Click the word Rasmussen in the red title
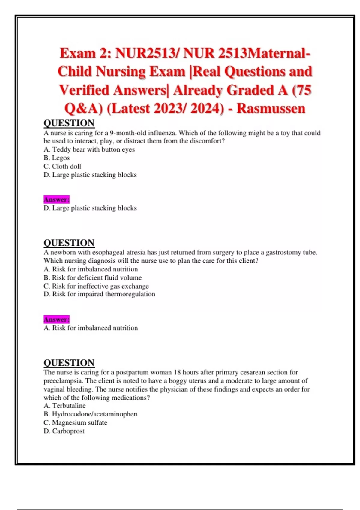(271, 108)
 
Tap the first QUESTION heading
(69, 123)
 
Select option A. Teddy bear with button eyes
(89, 149)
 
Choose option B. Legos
(57, 158)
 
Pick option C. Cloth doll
(62, 166)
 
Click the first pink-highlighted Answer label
(56, 199)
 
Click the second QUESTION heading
(69, 243)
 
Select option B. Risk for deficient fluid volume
(93, 278)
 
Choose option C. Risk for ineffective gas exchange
(96, 286)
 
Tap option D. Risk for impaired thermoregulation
(99, 294)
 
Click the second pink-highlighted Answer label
(56, 319)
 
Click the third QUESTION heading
(69, 363)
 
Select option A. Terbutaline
(64, 406)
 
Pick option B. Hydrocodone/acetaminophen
(90, 414)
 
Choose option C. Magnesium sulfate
(75, 422)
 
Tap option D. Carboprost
(64, 431)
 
